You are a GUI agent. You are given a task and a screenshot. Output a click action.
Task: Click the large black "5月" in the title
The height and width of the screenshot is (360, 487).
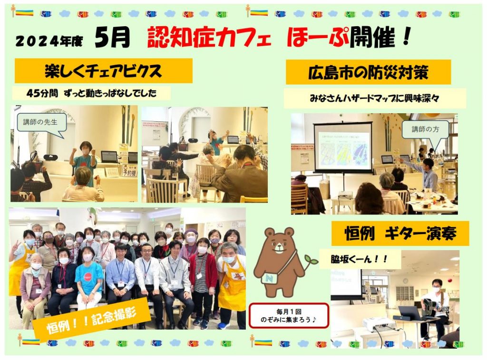(x=112, y=37)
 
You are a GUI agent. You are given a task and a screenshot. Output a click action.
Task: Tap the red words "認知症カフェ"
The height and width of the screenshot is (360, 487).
(x=209, y=38)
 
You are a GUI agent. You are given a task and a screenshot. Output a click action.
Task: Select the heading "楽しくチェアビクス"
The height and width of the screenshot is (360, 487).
(x=103, y=71)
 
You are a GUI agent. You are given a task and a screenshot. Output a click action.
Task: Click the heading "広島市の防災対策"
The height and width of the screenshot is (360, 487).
(x=368, y=72)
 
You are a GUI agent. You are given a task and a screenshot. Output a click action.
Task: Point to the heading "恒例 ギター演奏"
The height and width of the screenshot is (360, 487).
(x=400, y=234)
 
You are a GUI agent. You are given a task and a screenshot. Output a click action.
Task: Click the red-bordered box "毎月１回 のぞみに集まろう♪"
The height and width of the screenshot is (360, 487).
(x=289, y=315)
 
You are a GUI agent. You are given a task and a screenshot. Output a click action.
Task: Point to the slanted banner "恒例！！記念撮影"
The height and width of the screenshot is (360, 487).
(x=92, y=318)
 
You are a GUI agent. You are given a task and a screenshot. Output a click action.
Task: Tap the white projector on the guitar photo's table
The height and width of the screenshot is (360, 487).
(x=380, y=324)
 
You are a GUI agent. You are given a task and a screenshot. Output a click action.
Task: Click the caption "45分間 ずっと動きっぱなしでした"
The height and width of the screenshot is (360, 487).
(x=92, y=93)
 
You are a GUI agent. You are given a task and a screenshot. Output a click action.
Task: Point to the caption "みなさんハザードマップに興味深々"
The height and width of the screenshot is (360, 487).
(x=375, y=98)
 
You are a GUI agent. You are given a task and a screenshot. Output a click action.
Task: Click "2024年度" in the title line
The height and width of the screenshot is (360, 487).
(x=49, y=41)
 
